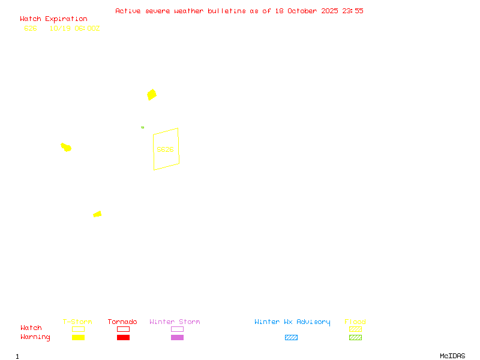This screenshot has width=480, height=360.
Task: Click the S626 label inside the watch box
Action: (x=165, y=149)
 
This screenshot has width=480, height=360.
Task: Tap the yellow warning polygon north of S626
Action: (x=152, y=94)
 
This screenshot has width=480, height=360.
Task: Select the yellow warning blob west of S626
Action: (x=66, y=147)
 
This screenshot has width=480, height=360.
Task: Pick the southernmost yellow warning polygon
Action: (x=97, y=214)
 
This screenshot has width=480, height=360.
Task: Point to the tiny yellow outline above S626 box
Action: (x=142, y=127)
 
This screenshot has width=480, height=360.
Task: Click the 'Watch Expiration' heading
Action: (x=53, y=19)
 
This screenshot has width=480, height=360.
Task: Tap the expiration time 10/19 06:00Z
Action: (x=74, y=28)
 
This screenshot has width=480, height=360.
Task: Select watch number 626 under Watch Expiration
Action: (x=30, y=28)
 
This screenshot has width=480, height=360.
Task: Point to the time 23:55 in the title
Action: (x=353, y=11)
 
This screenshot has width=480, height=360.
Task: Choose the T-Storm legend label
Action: (x=77, y=322)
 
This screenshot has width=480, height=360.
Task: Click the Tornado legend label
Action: (x=122, y=322)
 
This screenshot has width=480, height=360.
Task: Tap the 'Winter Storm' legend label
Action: (x=175, y=322)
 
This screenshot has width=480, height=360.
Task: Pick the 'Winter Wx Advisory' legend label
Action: (x=292, y=322)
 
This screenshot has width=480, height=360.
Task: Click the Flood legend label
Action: (x=355, y=322)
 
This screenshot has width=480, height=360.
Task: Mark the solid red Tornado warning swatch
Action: (x=123, y=338)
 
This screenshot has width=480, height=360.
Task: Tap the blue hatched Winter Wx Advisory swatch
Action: (x=291, y=338)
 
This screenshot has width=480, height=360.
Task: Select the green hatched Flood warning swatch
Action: (x=355, y=338)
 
